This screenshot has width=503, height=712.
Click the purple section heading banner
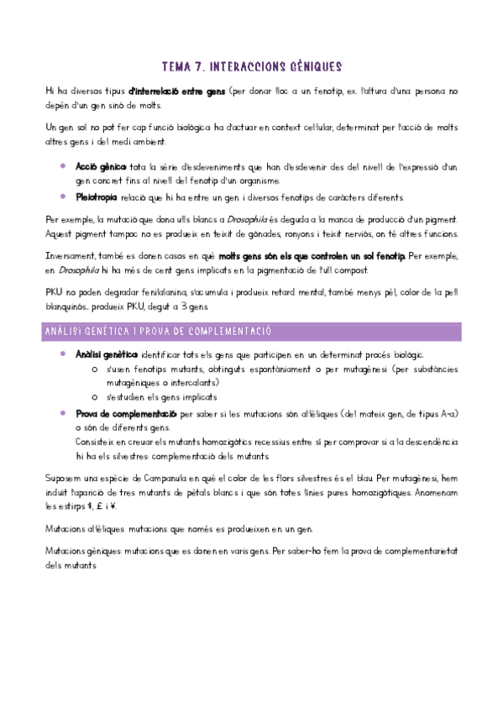[x=251, y=332]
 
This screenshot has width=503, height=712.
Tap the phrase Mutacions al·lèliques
[x=81, y=530]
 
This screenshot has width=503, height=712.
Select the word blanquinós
[x=70, y=306]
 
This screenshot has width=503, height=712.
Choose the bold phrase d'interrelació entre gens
[x=176, y=91]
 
